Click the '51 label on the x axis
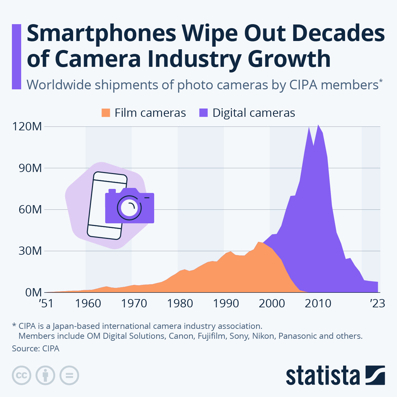(x=46, y=303)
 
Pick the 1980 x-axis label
(x=180, y=303)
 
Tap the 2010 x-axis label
(x=318, y=303)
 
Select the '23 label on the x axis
(x=377, y=303)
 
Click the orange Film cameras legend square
(x=106, y=113)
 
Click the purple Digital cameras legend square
(x=203, y=113)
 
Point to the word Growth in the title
(x=289, y=59)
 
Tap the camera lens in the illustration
(x=129, y=208)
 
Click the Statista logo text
(x=323, y=376)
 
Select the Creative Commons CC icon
(x=22, y=375)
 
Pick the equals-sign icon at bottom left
(x=69, y=375)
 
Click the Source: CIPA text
(x=36, y=348)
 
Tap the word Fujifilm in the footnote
(x=212, y=336)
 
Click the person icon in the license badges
(x=45, y=375)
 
